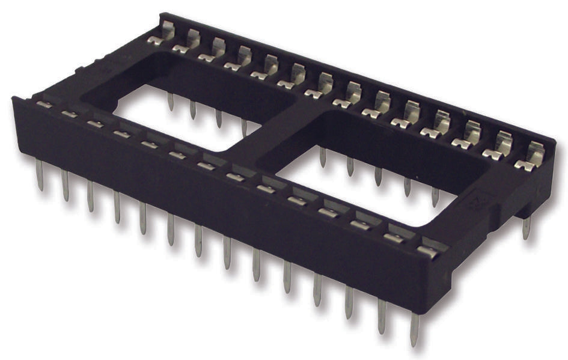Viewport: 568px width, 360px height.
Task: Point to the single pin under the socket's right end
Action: [x=527, y=228]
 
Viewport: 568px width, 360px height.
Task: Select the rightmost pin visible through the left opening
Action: [x=244, y=126]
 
